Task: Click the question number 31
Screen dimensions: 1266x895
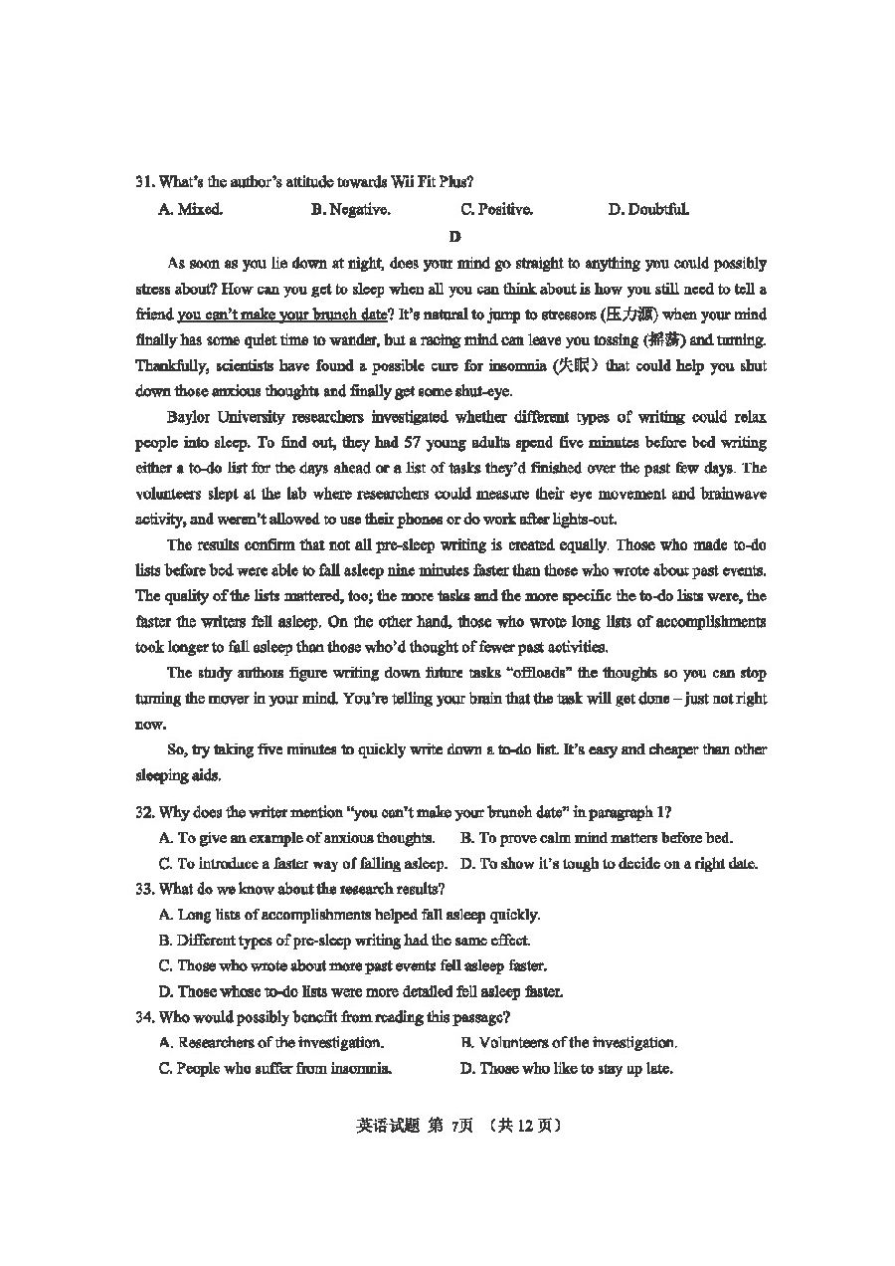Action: pos(144,182)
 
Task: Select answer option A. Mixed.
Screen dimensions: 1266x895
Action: pos(190,209)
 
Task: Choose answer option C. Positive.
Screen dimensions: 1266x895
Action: pos(496,209)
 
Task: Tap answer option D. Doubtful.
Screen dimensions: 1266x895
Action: pos(647,209)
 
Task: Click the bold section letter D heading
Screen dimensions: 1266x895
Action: pos(454,237)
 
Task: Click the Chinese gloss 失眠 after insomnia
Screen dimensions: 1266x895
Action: pos(576,366)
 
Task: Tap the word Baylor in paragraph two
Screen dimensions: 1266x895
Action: pos(190,417)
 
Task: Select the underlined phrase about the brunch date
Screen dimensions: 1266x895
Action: pos(281,315)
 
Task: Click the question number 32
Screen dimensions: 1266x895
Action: pos(144,812)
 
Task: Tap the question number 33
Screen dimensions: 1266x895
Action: pos(144,889)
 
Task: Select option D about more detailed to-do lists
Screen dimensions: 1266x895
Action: pos(360,991)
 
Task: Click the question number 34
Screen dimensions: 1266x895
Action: pos(144,1017)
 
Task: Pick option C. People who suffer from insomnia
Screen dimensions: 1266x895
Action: pos(274,1069)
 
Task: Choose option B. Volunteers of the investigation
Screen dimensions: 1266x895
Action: pos(569,1043)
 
